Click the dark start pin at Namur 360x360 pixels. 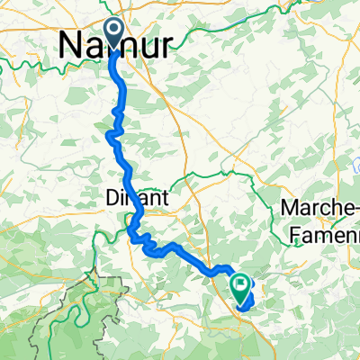(114, 30)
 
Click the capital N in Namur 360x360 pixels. (72, 44)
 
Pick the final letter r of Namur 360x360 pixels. (166, 44)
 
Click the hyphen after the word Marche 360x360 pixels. (356, 209)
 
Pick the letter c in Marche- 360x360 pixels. (325, 209)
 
